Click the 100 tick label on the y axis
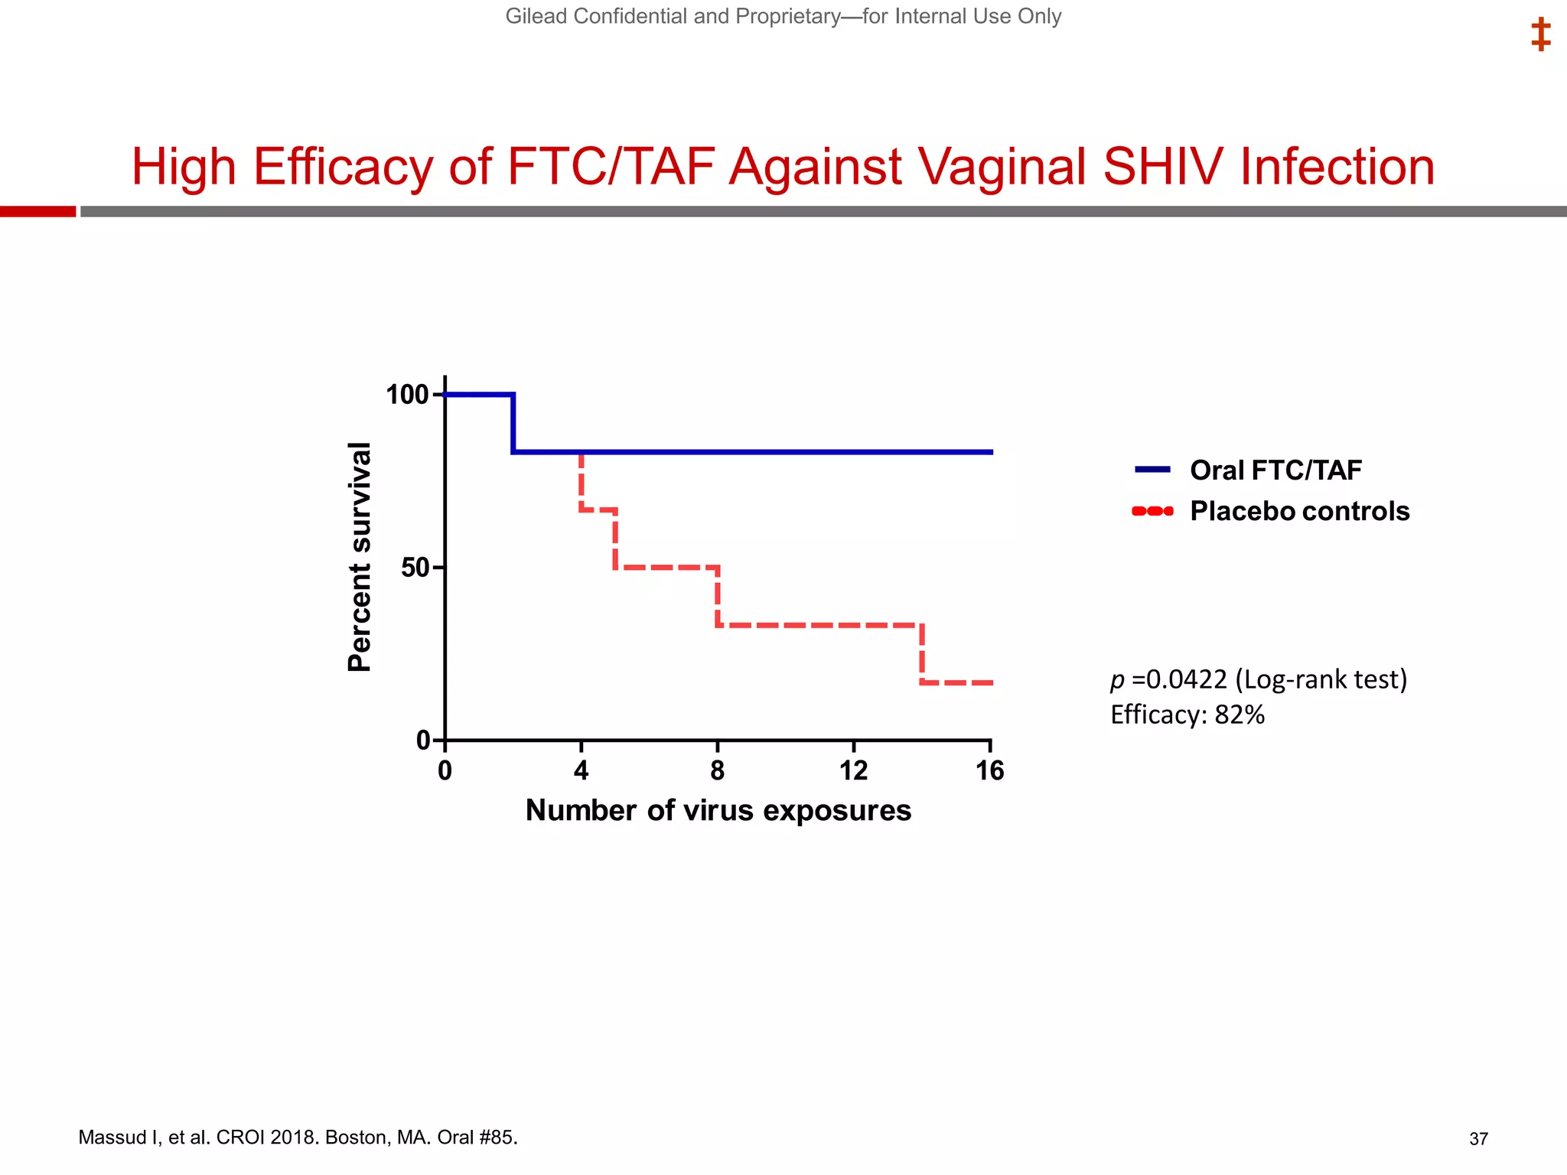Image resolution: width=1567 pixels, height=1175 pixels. pyautogui.click(x=406, y=395)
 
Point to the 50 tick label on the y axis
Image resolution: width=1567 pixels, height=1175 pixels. pyautogui.click(x=415, y=568)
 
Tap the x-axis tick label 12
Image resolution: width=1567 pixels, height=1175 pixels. pyautogui.click(x=853, y=770)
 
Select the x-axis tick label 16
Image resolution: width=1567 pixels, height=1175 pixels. pyautogui.click(x=989, y=770)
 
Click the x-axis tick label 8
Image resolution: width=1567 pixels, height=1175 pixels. pyautogui.click(x=717, y=770)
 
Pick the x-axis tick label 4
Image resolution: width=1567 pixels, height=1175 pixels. pyautogui.click(x=581, y=770)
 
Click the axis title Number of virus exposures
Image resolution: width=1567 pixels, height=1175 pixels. pyautogui.click(x=718, y=810)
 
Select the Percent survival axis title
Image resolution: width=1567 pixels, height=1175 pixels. pyautogui.click(x=359, y=557)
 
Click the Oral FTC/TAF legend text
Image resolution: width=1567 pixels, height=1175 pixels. pyautogui.click(x=1275, y=470)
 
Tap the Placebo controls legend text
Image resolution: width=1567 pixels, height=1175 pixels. pyautogui.click(x=1299, y=511)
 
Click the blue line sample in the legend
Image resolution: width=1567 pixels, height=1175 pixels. pyautogui.click(x=1152, y=470)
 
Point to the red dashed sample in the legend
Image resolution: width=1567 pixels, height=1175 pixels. pyautogui.click(x=1152, y=511)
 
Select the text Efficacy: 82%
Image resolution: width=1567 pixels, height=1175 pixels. pyautogui.click(x=1187, y=714)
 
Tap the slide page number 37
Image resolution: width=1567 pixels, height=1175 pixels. pyautogui.click(x=1478, y=1139)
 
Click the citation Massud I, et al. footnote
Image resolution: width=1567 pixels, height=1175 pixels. pyautogui.click(x=298, y=1138)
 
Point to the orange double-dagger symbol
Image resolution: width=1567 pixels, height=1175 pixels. pyautogui.click(x=1540, y=34)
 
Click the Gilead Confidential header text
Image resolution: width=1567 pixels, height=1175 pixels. pyautogui.click(x=783, y=16)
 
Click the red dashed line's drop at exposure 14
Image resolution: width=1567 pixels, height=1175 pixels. pyautogui.click(x=922, y=654)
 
